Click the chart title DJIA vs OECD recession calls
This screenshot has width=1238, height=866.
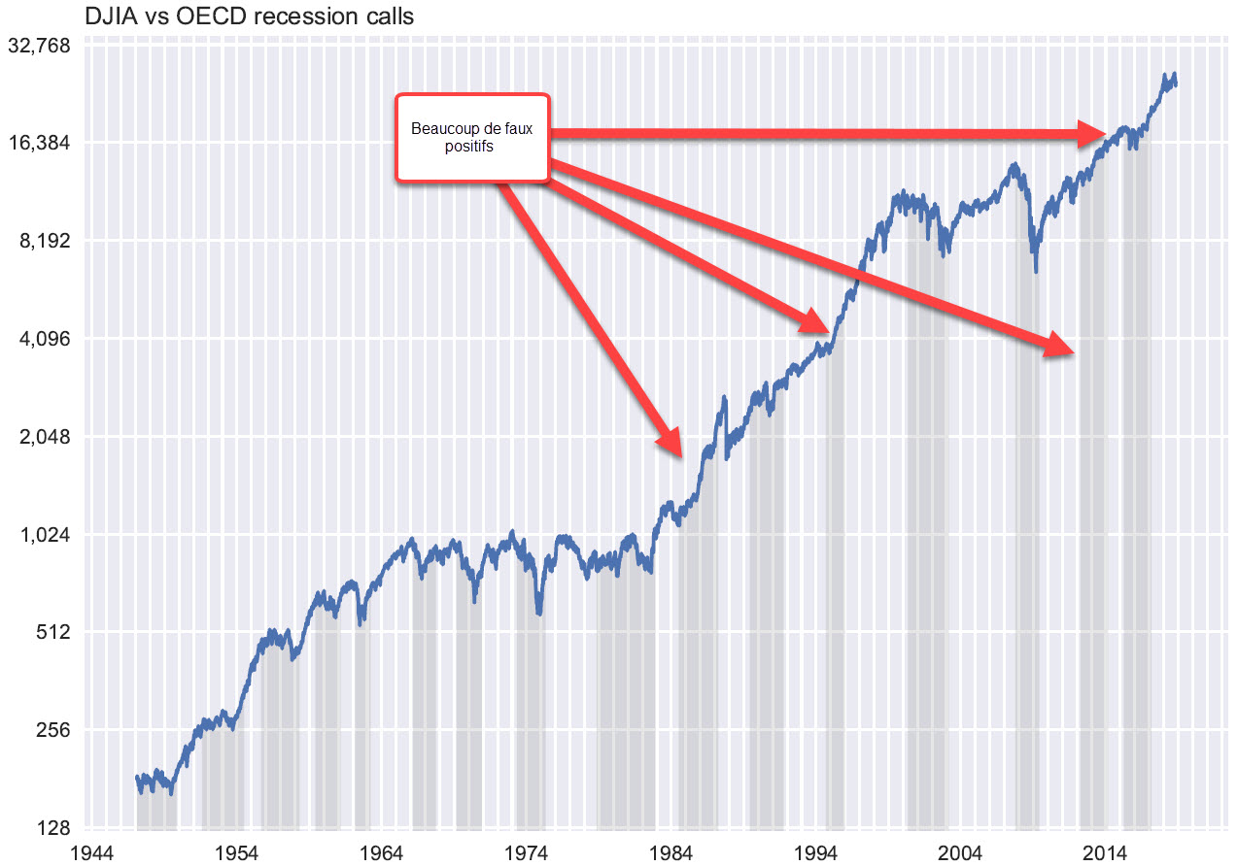(x=207, y=16)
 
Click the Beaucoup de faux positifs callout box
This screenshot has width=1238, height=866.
(x=472, y=137)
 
